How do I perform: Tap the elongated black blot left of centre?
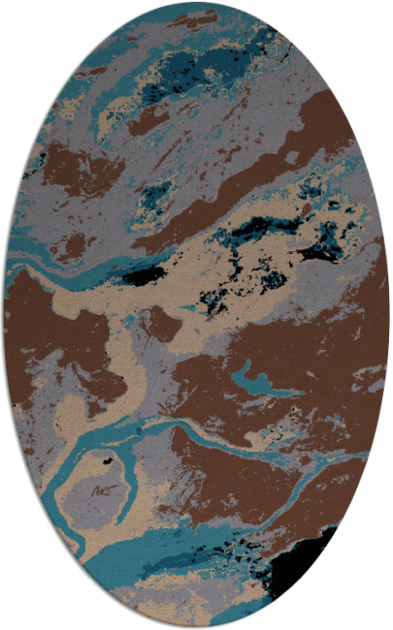tap(144, 276)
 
